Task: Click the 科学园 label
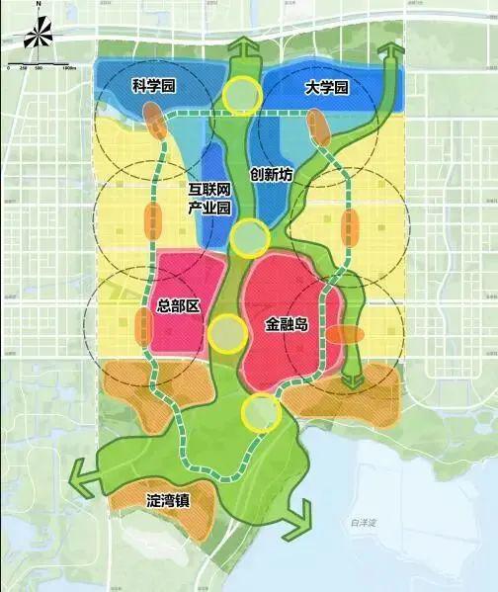pos(153,87)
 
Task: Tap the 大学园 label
pos(327,88)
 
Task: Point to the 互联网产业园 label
pos(209,198)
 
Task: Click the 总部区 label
pos(179,306)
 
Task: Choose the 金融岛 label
pos(290,323)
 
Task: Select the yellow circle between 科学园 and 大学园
pos(242,95)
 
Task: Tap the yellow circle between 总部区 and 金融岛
pos(228,333)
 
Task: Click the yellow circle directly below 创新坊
pos(251,237)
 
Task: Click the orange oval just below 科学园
pos(152,122)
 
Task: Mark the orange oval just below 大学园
pos(318,127)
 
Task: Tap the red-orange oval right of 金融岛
pos(346,335)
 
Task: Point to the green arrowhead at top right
pos(390,53)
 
